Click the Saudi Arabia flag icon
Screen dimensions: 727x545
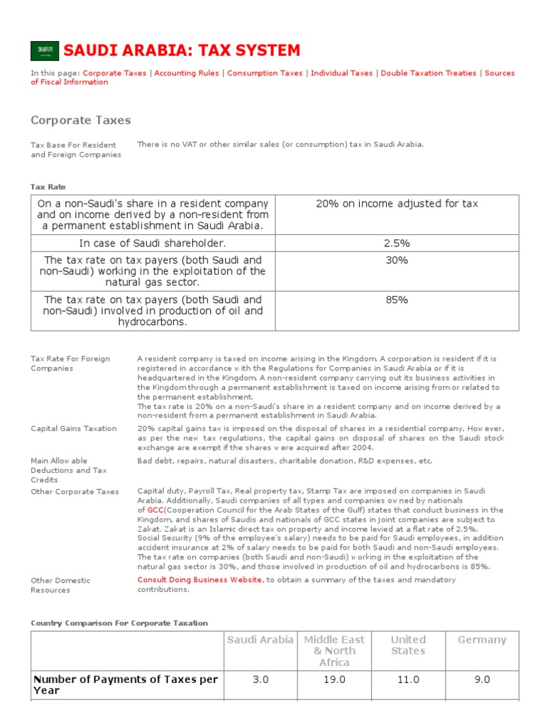click(x=44, y=50)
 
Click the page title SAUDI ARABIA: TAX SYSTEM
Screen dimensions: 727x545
click(x=182, y=50)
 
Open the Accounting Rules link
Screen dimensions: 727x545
click(x=187, y=73)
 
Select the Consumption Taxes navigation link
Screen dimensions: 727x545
click(x=265, y=73)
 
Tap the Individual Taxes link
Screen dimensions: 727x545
click(x=341, y=73)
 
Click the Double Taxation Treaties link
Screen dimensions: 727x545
click(x=429, y=73)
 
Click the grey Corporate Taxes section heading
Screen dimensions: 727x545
click(x=80, y=120)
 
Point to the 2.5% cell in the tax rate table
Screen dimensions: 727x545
click(x=397, y=244)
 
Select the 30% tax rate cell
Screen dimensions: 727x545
click(x=397, y=261)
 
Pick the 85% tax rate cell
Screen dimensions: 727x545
click(x=397, y=300)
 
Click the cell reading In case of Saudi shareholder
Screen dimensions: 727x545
click(x=153, y=244)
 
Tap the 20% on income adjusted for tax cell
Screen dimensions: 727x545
click(x=397, y=204)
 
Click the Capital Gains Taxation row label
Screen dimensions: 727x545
click(x=74, y=429)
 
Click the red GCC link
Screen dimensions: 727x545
click(x=155, y=510)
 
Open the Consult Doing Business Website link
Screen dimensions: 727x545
click(x=199, y=580)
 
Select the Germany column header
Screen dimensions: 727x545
click(x=482, y=640)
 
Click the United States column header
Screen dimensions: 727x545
click(x=408, y=645)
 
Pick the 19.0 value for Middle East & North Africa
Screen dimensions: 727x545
click(x=334, y=679)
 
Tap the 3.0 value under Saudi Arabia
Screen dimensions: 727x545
click(x=260, y=679)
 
